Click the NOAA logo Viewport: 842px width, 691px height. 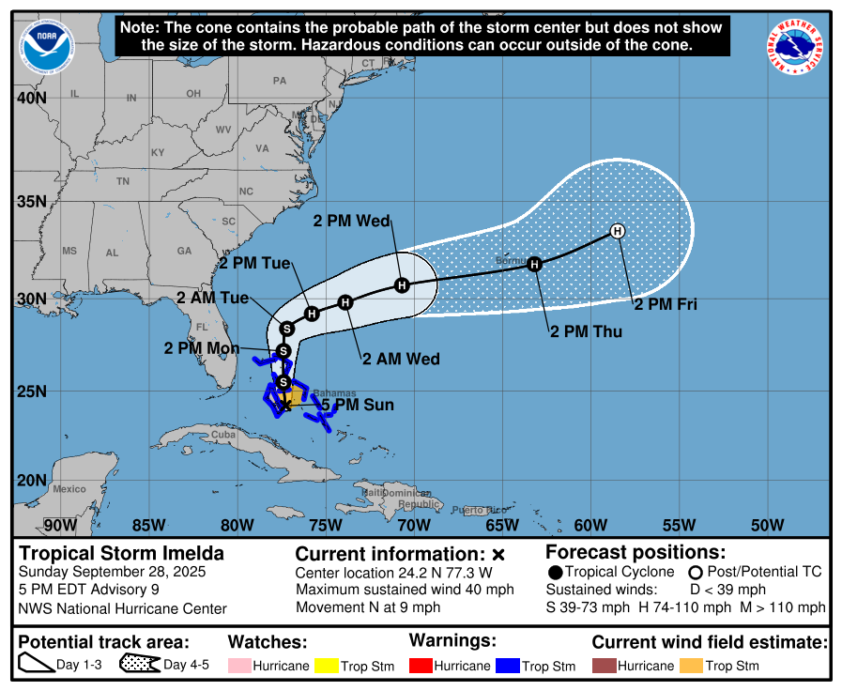click(x=46, y=45)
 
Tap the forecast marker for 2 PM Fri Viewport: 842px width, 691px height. click(x=618, y=231)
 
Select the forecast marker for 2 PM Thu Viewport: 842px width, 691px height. click(x=534, y=265)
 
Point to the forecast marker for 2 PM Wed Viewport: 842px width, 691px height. click(x=402, y=284)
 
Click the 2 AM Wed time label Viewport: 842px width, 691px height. click(x=401, y=359)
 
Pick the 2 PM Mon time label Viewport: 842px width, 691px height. click(x=202, y=347)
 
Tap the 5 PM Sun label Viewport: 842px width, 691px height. click(x=358, y=406)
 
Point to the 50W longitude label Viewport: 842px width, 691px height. click(x=767, y=525)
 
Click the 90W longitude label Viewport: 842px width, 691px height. click(x=60, y=525)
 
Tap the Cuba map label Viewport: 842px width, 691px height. click(x=222, y=435)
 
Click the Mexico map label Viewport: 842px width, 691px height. click(x=69, y=489)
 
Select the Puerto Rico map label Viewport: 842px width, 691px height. click(x=472, y=510)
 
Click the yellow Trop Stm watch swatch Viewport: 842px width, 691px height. click(x=327, y=666)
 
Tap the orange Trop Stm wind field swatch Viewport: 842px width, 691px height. click(x=692, y=666)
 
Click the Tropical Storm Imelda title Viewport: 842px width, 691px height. click(x=122, y=553)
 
